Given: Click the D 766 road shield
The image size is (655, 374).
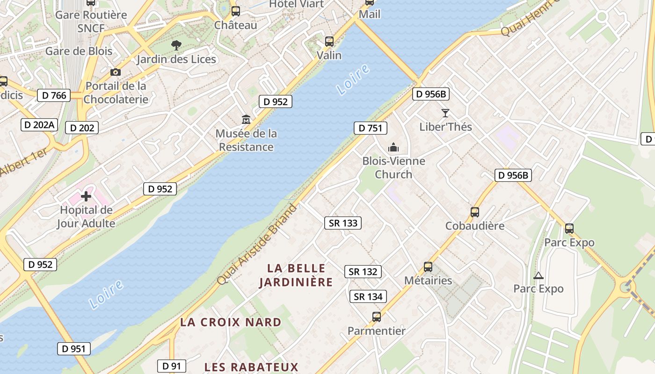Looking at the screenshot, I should tap(54, 95).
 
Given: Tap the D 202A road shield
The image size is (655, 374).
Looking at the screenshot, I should tap(39, 125).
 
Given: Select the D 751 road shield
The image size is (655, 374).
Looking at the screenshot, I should tap(371, 128).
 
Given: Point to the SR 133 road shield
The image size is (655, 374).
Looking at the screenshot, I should tap(343, 223).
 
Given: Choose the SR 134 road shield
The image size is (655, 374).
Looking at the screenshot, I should tap(368, 296).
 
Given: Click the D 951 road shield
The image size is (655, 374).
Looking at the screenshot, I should tap(74, 348).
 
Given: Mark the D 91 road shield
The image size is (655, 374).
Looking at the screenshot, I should tap(172, 366).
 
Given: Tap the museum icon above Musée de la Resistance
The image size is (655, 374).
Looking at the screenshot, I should tap(246, 119).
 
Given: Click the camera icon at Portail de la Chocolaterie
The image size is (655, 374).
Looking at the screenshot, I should tap(116, 72).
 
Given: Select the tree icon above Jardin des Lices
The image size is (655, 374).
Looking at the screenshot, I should tap(176, 45).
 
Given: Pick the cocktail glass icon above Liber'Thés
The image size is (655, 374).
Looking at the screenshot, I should tap(445, 113).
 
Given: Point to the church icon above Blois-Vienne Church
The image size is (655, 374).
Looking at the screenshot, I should tap(393, 148).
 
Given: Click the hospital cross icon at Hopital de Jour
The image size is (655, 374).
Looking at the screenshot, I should tap(86, 196).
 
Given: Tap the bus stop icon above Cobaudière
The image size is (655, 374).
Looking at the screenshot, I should tap(475, 212).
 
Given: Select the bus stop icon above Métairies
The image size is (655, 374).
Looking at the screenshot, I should tap(428, 267).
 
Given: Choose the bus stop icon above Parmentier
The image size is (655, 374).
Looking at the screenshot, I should tap(377, 317).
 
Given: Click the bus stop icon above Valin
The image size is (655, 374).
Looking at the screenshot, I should tap(329, 42).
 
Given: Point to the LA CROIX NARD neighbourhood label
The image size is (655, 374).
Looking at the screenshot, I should tap(231, 322).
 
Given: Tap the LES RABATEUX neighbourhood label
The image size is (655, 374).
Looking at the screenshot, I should tap(251, 367).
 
